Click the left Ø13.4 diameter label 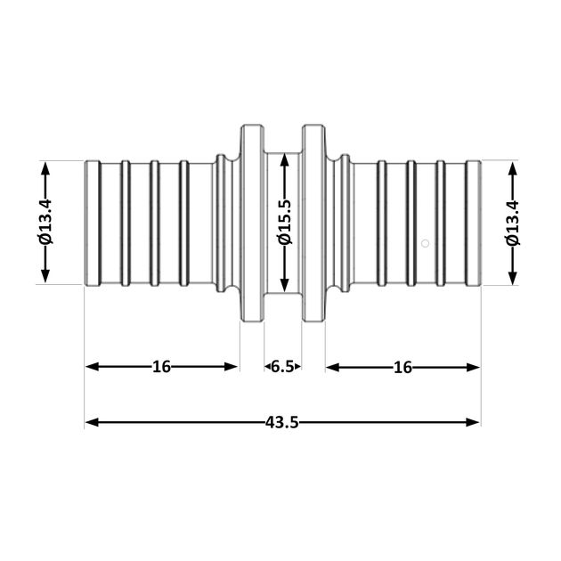pyautogui.click(x=45, y=223)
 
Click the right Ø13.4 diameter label pyautogui.click(x=512, y=224)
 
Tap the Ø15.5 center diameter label pyautogui.click(x=285, y=223)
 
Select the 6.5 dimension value pyautogui.click(x=282, y=367)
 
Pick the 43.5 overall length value pyautogui.click(x=282, y=423)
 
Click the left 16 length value pyautogui.click(x=161, y=367)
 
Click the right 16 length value pyautogui.click(x=402, y=368)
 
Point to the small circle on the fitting pyautogui.click(x=425, y=244)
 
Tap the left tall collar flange pyautogui.click(x=252, y=224)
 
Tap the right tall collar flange pyautogui.click(x=313, y=224)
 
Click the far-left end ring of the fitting pyautogui.click(x=93, y=224)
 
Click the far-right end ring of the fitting pyautogui.click(x=474, y=224)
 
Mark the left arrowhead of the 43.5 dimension pyautogui.click(x=92, y=423)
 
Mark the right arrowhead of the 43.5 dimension pyautogui.click(x=473, y=423)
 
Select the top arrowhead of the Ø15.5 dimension pyautogui.click(x=285, y=159)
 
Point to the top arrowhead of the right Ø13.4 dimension pyautogui.click(x=513, y=168)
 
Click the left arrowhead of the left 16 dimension pyautogui.click(x=92, y=367)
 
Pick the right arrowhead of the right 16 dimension pyautogui.click(x=473, y=368)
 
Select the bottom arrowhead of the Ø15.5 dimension pyautogui.click(x=285, y=286)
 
